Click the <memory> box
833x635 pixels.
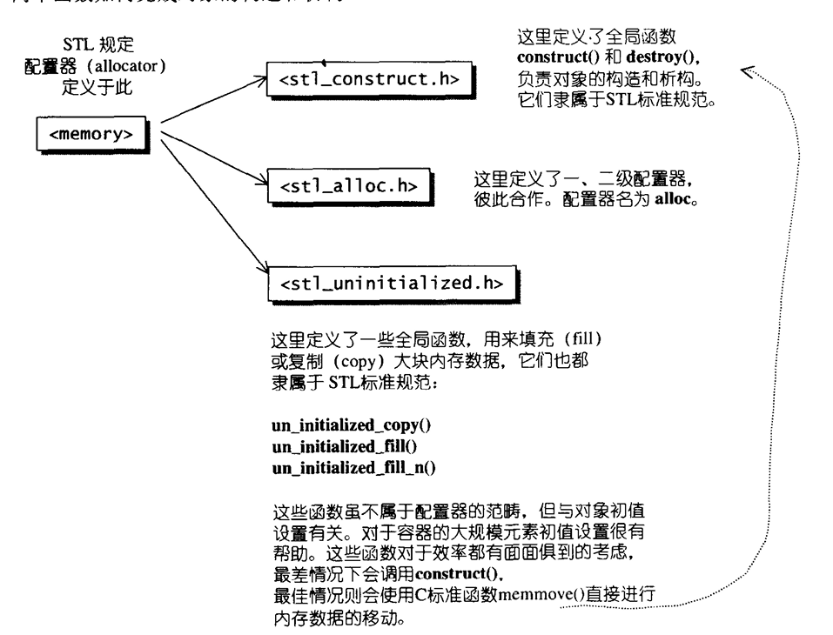click(91, 136)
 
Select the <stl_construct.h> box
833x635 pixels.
click(369, 80)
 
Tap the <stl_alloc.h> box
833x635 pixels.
click(348, 185)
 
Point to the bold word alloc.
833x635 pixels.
click(678, 198)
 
